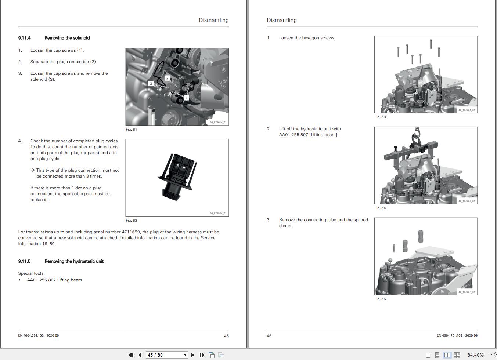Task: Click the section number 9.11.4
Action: point(24,38)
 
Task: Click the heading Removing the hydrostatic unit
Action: point(74,261)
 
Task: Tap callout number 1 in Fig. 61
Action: point(186,98)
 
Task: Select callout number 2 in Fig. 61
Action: point(167,78)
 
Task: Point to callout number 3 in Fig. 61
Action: point(151,84)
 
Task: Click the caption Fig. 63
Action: point(380,117)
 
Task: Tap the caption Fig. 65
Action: point(380,299)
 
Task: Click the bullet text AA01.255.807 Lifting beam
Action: point(54,280)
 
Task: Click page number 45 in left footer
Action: point(226,336)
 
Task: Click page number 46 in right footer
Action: point(269,336)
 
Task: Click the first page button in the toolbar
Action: point(131,355)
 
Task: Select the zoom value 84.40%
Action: point(475,355)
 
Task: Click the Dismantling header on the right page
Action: point(282,20)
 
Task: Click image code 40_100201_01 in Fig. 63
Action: point(467,110)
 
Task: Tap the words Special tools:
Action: point(31,273)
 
